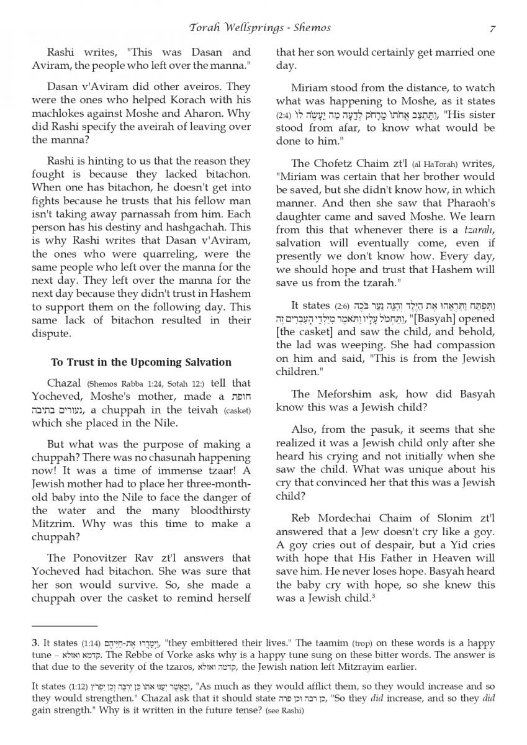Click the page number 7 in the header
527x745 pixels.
point(492,27)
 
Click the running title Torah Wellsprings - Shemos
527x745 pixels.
point(259,27)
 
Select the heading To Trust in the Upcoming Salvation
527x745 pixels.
point(132,362)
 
